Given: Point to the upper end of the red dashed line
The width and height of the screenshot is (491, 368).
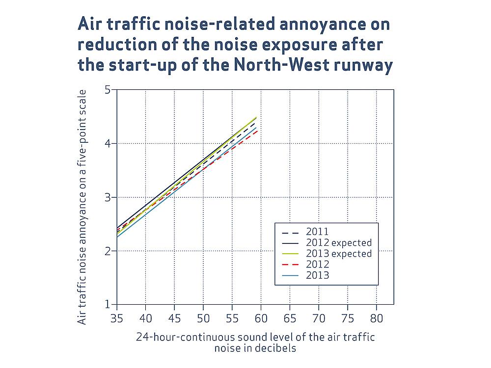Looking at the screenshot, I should [x=257, y=131].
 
